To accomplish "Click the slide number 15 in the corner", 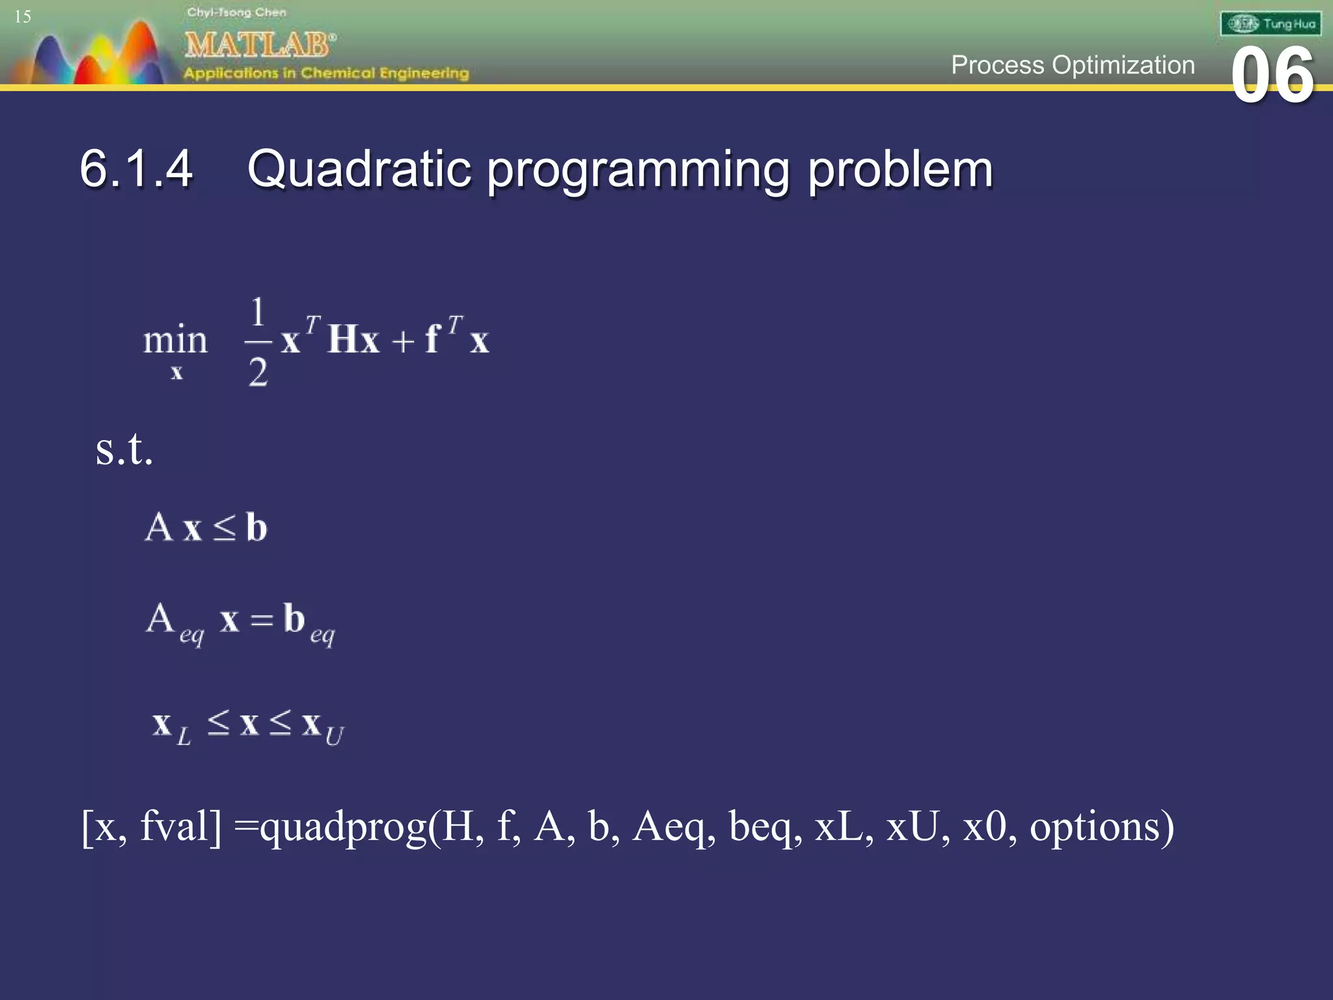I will (23, 16).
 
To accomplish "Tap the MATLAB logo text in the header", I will (259, 45).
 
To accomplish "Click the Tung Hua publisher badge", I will (1271, 24).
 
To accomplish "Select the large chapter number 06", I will (1272, 76).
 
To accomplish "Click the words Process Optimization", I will (1073, 65).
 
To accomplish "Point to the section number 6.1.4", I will (136, 169).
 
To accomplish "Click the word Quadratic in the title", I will (359, 169).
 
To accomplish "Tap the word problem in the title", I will (900, 169).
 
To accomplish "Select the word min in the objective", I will (175, 340).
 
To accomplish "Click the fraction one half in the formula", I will (258, 341).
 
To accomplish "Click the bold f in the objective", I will (432, 339).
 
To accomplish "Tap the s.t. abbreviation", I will (124, 449).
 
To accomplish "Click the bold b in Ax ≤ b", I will (256, 527).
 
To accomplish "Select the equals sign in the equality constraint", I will (262, 620).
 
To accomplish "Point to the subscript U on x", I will (334, 736).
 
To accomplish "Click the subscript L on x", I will (184, 736).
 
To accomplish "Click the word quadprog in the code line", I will (343, 827).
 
